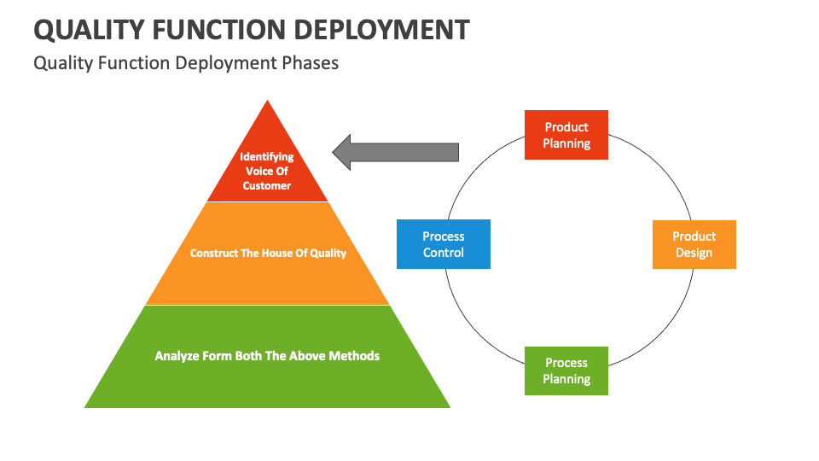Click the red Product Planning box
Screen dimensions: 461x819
point(566,135)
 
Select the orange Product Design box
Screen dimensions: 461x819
point(694,244)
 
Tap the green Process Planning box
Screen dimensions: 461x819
point(566,371)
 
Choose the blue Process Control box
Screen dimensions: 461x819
point(444,244)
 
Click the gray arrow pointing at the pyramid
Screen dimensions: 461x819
point(394,152)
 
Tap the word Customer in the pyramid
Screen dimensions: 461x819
point(267,185)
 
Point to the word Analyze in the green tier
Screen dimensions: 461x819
point(177,355)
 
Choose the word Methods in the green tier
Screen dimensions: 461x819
point(353,355)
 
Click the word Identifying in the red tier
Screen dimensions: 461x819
point(267,156)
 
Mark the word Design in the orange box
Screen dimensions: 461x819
point(694,253)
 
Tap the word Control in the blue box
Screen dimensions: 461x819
point(444,253)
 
